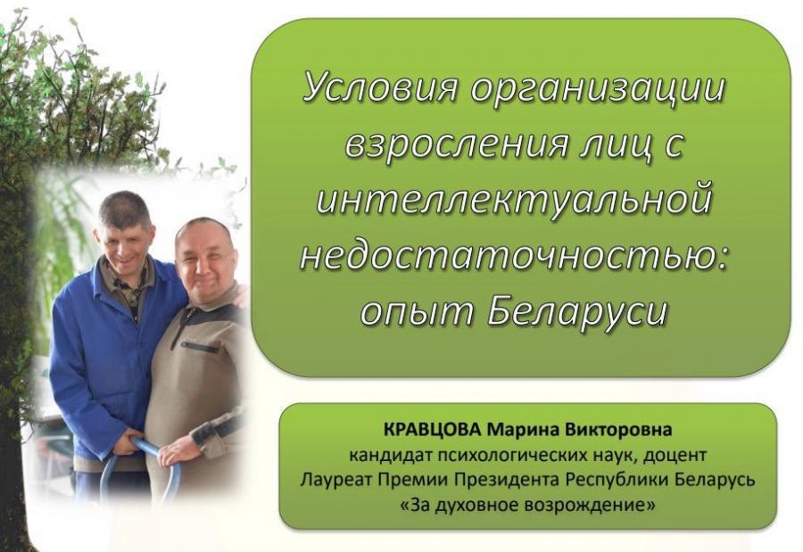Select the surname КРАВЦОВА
click(432, 429)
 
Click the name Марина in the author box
click(520, 429)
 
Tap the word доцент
click(676, 455)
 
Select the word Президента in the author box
click(505, 481)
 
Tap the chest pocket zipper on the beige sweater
click(200, 347)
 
